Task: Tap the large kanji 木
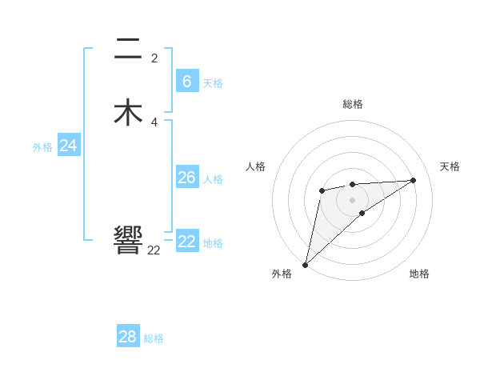point(128,112)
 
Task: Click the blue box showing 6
point(186,81)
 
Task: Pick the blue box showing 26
point(186,178)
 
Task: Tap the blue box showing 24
point(69,146)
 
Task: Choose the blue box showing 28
point(128,337)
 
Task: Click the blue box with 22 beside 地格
point(187,242)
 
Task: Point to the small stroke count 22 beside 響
point(154,250)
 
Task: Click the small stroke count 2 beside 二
point(154,58)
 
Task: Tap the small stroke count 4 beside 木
point(154,122)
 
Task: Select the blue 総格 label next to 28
point(154,338)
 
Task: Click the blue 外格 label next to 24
point(42,147)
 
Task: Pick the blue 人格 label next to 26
point(213,179)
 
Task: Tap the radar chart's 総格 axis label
point(352,104)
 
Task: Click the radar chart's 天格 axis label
point(450,166)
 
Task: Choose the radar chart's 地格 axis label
point(419,274)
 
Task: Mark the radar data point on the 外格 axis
point(305,265)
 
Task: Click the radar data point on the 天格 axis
point(413,180)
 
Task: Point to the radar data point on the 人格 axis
point(322,190)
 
